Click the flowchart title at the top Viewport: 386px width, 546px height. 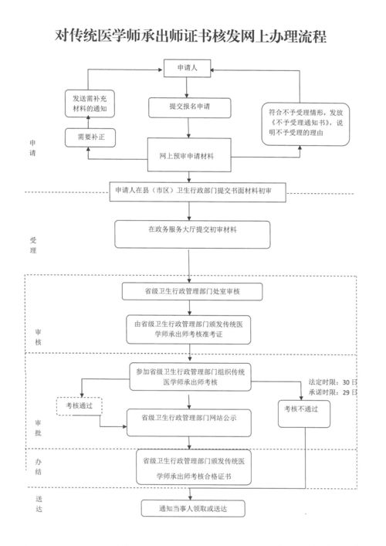click(x=191, y=36)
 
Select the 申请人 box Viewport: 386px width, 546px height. click(x=188, y=68)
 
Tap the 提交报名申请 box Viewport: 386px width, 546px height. click(x=190, y=107)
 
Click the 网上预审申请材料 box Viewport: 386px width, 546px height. click(x=189, y=155)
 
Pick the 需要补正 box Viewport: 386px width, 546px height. click(x=90, y=137)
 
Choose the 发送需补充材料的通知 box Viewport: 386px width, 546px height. click(x=90, y=103)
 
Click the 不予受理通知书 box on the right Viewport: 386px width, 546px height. click(x=305, y=124)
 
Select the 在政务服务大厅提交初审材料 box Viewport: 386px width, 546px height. click(x=192, y=234)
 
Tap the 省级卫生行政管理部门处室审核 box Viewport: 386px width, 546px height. click(x=192, y=291)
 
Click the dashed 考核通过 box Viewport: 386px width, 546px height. click(x=80, y=406)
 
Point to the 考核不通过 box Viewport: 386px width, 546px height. click(x=304, y=414)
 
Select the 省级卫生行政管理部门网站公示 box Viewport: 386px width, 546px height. click(x=189, y=422)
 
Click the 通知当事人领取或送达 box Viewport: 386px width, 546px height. click(x=193, y=508)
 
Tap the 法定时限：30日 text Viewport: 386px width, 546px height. click(x=333, y=382)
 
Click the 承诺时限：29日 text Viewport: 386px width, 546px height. click(x=333, y=392)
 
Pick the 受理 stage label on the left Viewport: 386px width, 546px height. click(x=33, y=245)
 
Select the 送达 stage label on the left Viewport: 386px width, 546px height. click(x=39, y=504)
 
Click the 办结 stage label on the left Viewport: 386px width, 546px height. click(x=39, y=466)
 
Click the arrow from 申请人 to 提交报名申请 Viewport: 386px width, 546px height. click(x=187, y=87)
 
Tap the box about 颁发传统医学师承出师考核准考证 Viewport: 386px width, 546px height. click(x=188, y=330)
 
